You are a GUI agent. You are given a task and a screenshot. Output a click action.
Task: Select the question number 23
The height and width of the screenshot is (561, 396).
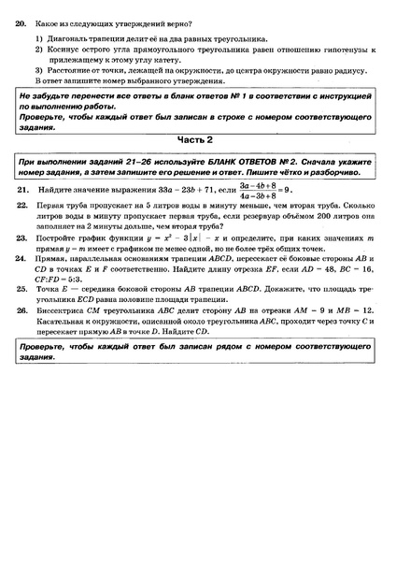point(21,238)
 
